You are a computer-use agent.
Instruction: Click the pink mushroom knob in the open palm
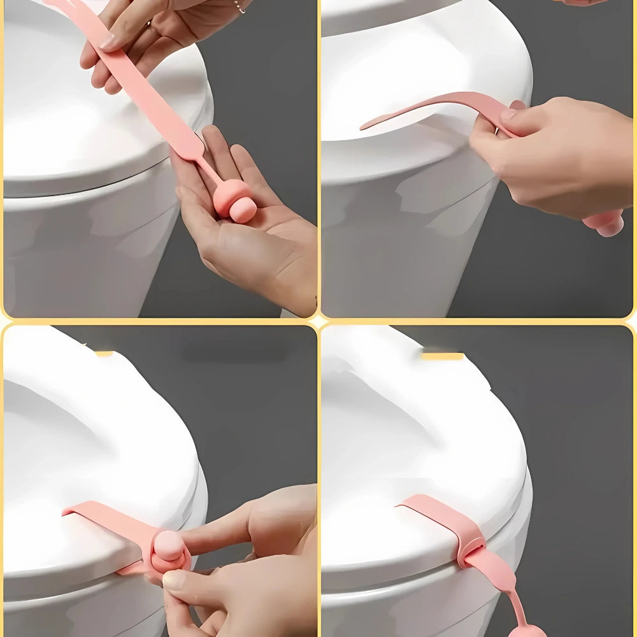tap(234, 201)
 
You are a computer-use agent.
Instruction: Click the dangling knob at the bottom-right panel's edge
tap(527, 631)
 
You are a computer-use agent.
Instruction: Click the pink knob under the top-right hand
tap(605, 223)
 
